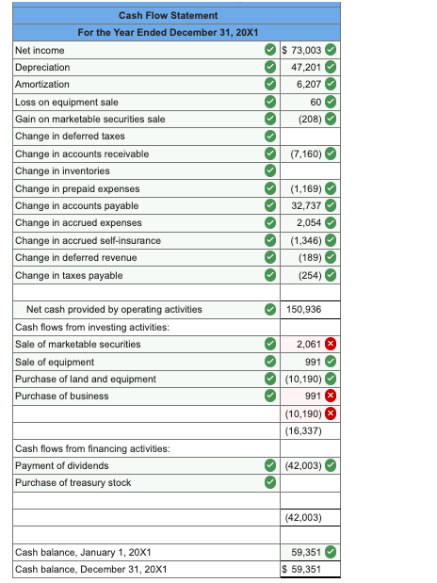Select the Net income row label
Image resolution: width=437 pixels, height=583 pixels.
[x=40, y=50]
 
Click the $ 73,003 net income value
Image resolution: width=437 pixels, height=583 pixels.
[x=303, y=50]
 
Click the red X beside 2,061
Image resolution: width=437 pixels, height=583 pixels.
[x=331, y=345]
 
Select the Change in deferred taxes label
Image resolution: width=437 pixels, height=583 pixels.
[x=70, y=137]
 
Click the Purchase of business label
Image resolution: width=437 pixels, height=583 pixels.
[x=61, y=396]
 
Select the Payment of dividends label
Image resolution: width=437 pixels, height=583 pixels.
[x=62, y=465]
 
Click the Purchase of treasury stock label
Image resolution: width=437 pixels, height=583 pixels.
[x=73, y=482]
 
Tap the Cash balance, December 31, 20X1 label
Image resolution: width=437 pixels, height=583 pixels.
[x=89, y=569]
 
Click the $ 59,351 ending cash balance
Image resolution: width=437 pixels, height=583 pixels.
[x=303, y=569]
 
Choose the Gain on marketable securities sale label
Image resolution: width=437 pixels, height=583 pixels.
[x=90, y=119]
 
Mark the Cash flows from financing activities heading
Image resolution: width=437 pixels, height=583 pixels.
[x=92, y=448]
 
